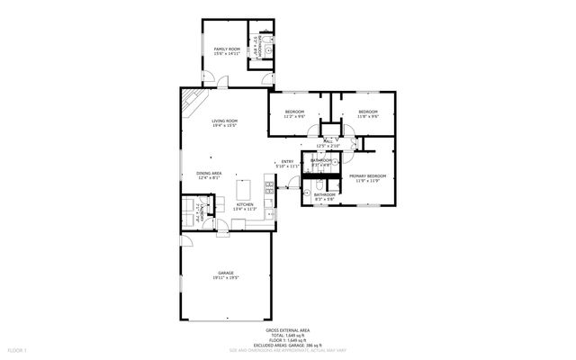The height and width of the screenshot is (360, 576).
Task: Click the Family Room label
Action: click(225, 49)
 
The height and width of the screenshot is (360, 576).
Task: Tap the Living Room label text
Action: click(224, 121)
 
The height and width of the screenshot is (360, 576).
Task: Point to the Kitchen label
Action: click(245, 204)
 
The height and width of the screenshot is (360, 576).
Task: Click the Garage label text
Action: click(225, 273)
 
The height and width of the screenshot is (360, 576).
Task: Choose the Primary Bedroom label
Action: click(368, 175)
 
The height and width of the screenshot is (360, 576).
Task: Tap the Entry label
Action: click(286, 162)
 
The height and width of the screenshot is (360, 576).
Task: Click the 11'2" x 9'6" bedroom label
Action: click(294, 112)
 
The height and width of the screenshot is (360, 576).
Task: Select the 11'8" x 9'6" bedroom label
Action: click(368, 112)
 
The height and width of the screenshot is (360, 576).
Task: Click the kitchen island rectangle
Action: click(243, 190)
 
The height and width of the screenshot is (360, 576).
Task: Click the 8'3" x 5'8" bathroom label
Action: click(325, 196)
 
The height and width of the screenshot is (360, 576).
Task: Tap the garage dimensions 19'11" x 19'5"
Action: click(225, 278)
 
